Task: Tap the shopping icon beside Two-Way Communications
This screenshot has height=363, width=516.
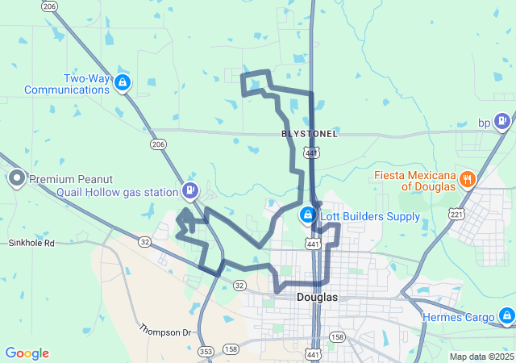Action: pos(122,81)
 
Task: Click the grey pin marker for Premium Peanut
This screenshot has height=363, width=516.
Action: pos(16,178)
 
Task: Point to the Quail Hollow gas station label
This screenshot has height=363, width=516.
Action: pos(117,192)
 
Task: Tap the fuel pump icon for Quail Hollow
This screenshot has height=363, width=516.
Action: pos(190,191)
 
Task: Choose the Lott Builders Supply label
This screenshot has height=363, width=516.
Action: pos(369,216)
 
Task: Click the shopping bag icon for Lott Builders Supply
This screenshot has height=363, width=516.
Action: pos(307,215)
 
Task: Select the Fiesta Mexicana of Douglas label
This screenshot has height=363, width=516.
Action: pos(414,180)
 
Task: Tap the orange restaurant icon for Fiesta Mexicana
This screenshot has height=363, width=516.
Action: pos(467,179)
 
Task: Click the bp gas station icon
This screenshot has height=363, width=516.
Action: pos(502,122)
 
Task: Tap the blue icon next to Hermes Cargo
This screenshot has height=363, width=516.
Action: pos(506,315)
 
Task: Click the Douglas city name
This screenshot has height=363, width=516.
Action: pos(317,297)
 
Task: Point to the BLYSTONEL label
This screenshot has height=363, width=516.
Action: pos(310,133)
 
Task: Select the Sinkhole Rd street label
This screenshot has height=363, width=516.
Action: pos(31,242)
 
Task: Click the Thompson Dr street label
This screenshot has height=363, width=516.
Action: pos(165,331)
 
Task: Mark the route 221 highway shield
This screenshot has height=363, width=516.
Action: pos(456,215)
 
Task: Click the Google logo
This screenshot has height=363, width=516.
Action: pos(27,353)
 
